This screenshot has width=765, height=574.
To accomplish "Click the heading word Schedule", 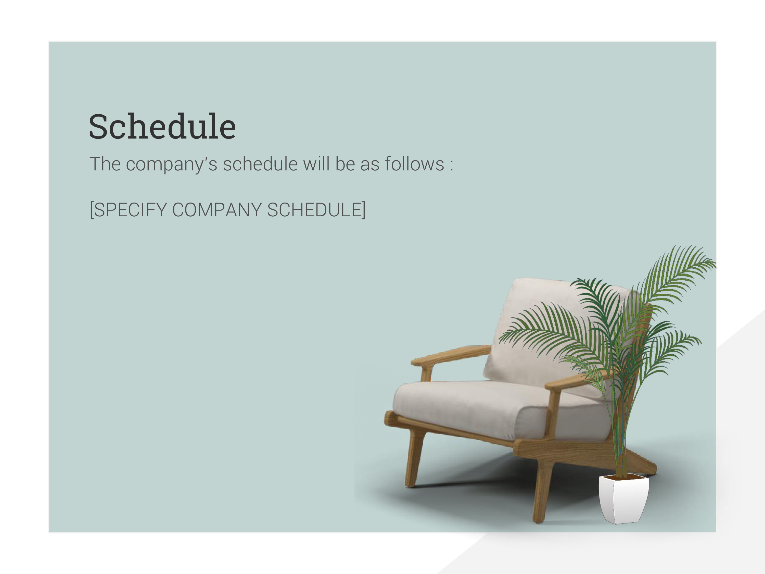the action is [x=162, y=126].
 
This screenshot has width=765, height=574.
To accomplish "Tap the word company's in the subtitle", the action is [x=172, y=164].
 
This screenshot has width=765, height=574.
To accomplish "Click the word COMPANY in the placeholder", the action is [x=217, y=209].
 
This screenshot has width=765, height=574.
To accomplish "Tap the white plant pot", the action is [x=624, y=499].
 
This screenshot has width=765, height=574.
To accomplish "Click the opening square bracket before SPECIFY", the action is [x=92, y=210].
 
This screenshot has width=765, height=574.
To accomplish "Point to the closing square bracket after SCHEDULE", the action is [x=363, y=210].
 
